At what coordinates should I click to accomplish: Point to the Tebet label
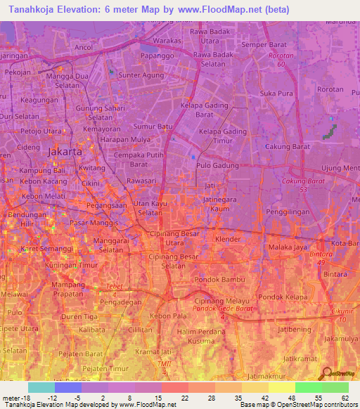click(x=114, y=285)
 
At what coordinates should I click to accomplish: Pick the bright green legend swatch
click(x=308, y=387)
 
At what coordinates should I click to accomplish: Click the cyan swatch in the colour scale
click(x=41, y=387)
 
